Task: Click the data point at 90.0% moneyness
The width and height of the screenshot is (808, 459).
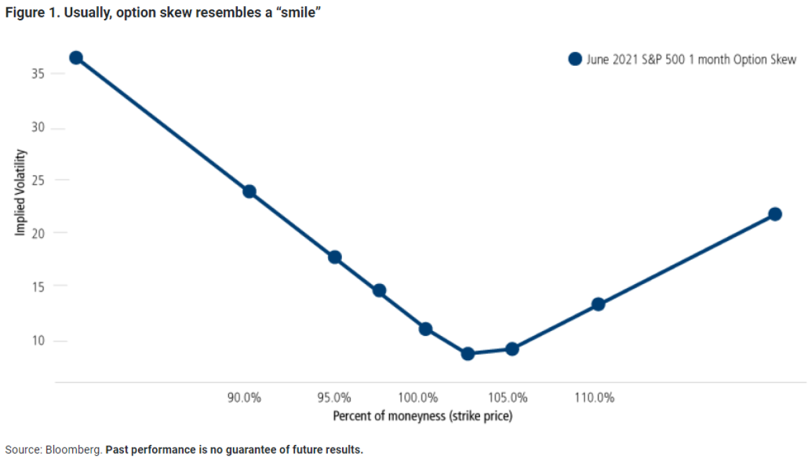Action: click(x=249, y=191)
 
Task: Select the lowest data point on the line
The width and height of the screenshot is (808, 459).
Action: click(x=468, y=353)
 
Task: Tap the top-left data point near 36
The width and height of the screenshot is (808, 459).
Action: click(x=76, y=58)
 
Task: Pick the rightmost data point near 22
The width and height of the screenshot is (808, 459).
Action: click(x=775, y=214)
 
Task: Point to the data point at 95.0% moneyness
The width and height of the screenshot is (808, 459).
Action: click(x=335, y=257)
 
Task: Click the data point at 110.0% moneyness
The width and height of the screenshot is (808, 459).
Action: click(x=598, y=304)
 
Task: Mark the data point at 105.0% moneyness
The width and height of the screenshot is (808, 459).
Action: click(x=512, y=349)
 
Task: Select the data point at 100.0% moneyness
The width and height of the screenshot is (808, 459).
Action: click(x=426, y=329)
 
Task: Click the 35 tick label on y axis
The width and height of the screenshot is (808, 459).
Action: click(x=38, y=73)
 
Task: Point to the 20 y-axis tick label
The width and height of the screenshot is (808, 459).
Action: click(x=38, y=233)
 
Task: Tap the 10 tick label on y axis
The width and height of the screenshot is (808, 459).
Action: click(x=38, y=341)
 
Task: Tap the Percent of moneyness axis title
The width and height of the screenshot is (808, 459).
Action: click(x=422, y=416)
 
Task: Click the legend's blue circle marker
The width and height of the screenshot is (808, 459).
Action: click(x=574, y=59)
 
